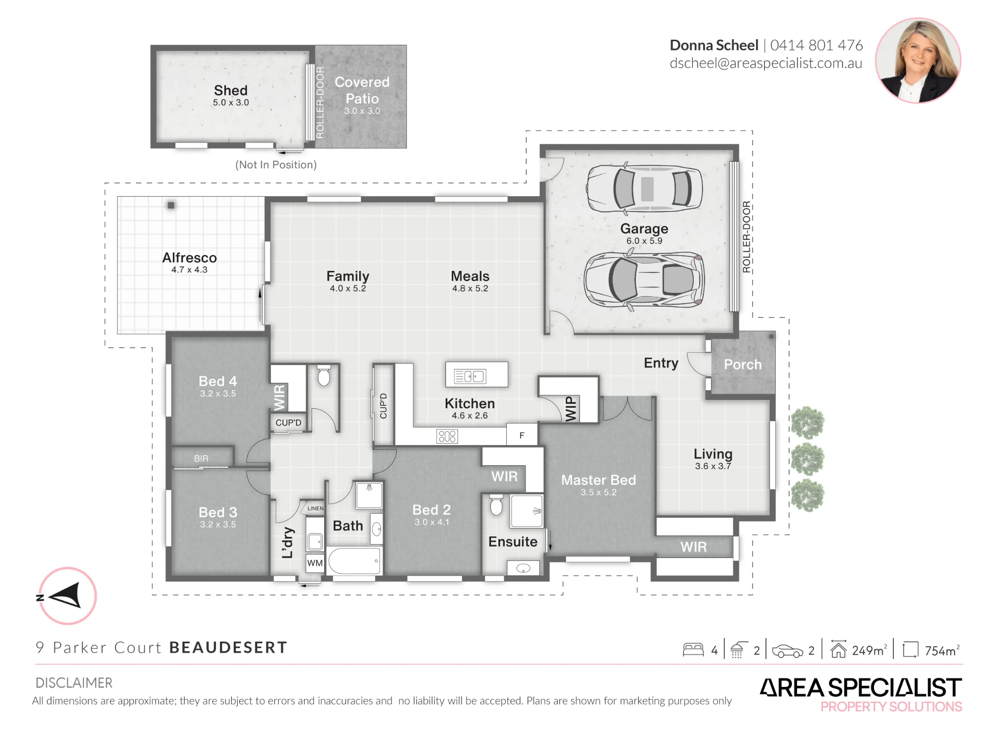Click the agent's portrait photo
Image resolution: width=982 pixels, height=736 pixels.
(918, 60)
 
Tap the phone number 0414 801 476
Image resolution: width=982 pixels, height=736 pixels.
(816, 45)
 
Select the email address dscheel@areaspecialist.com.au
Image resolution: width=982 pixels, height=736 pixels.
(766, 64)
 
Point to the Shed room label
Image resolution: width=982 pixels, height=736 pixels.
(231, 90)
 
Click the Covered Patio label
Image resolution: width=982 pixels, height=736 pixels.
(362, 90)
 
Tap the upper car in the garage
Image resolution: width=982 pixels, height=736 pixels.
(644, 188)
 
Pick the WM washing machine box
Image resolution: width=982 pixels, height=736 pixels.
(315, 563)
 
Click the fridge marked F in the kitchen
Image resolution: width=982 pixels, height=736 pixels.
(522, 435)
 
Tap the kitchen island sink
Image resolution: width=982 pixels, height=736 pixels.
(470, 376)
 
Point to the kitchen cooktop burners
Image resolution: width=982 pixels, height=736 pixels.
(447, 436)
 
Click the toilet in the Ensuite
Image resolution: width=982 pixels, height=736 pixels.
(496, 505)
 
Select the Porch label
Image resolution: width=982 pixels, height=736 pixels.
(743, 365)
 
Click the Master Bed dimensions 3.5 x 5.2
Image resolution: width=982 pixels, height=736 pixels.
(599, 492)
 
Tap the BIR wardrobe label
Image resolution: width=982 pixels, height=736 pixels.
(201, 458)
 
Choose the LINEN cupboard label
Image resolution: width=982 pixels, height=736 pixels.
(315, 508)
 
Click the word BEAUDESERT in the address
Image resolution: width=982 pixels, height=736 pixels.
(228, 648)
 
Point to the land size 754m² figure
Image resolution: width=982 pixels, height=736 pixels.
(942, 651)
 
